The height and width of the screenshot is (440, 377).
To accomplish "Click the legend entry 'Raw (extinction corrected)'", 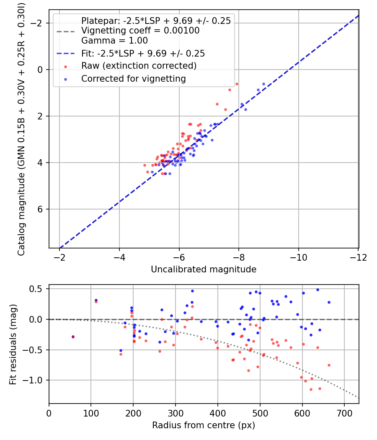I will [x=139, y=66].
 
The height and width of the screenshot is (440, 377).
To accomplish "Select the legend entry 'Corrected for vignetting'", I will [x=133, y=78].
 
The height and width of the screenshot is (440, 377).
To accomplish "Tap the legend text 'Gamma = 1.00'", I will [x=114, y=41].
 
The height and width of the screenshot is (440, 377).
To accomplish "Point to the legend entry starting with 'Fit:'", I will [x=143, y=53].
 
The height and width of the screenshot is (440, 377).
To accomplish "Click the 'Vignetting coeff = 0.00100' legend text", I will [x=140, y=31].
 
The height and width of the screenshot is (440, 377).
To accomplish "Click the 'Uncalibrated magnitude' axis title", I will [x=204, y=269].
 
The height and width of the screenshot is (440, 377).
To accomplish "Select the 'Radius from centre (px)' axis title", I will [x=204, y=425].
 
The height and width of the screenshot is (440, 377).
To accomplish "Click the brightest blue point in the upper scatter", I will [x=263, y=84].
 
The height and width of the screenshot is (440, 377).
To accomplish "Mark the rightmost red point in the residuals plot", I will [x=329, y=365].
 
